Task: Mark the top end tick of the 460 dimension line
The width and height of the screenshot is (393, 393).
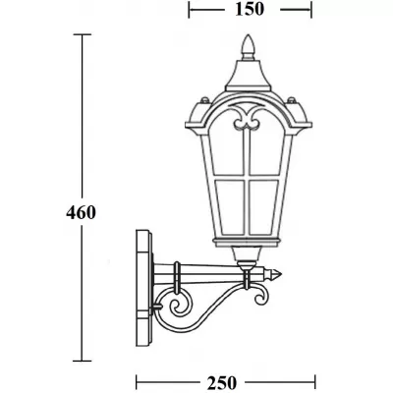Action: pyautogui.click(x=83, y=34)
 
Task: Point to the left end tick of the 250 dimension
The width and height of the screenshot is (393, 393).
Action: pyautogui.click(x=135, y=380)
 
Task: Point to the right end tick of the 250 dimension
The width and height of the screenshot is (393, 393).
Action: pyautogui.click(x=316, y=380)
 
